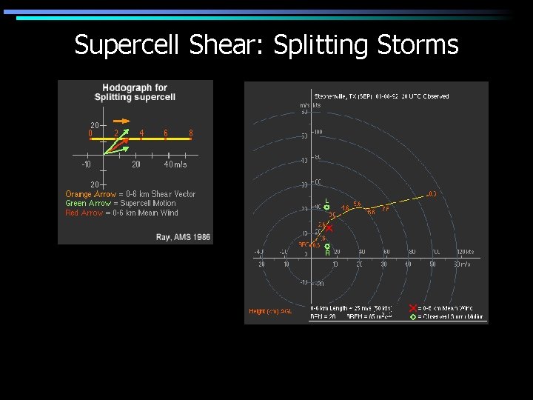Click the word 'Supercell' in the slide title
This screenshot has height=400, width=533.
(128, 45)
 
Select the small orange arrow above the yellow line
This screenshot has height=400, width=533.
(121, 120)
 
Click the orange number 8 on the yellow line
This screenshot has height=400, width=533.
(191, 133)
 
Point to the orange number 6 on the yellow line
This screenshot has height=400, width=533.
(166, 133)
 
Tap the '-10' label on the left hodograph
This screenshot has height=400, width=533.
(87, 164)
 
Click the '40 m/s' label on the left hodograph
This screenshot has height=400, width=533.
(175, 164)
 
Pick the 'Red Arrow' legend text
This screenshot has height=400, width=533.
(82, 213)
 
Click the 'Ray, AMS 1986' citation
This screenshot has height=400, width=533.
(184, 237)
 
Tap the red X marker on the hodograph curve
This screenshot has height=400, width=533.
(329, 229)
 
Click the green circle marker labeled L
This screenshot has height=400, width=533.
(327, 208)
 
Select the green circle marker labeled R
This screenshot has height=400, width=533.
(327, 246)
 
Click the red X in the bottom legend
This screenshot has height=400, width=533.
(412, 308)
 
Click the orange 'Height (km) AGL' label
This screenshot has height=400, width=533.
(270, 312)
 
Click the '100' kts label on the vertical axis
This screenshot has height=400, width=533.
(318, 132)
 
